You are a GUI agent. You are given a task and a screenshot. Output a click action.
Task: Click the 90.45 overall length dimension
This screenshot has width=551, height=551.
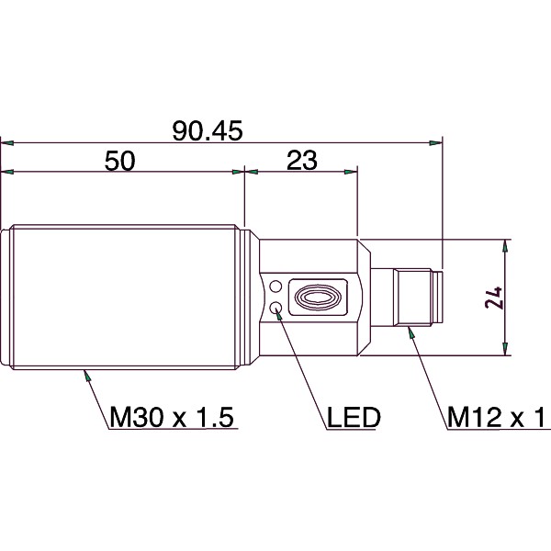click(208, 131)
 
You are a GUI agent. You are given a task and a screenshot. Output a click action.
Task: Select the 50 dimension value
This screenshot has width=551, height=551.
click(120, 161)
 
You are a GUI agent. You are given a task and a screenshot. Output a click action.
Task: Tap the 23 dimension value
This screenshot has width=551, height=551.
click(301, 161)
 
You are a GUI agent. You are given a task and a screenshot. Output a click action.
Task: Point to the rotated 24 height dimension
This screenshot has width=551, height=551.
click(494, 298)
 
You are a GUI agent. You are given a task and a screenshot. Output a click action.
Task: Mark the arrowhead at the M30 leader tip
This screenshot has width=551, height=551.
click(85, 373)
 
